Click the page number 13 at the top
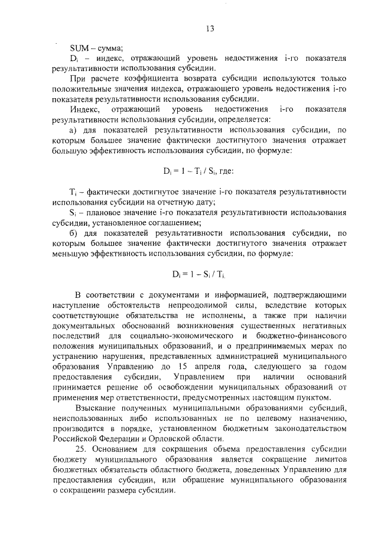210,28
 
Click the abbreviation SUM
79,48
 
